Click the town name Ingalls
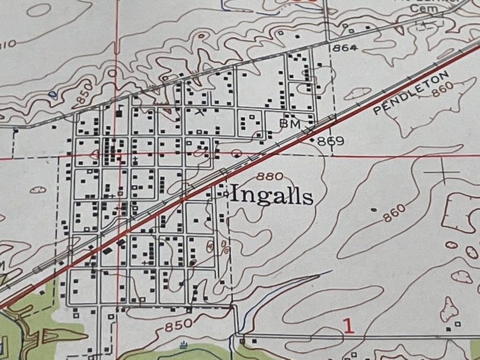pyautogui.click(x=272, y=196)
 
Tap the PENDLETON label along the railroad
pyautogui.click(x=412, y=92)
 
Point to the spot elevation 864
pyautogui.click(x=345, y=48)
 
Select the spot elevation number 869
pyautogui.click(x=331, y=141)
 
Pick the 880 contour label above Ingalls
pyautogui.click(x=269, y=176)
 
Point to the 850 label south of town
pyautogui.click(x=178, y=325)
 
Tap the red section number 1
pyautogui.click(x=348, y=326)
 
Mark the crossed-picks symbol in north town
pyautogui.click(x=199, y=111)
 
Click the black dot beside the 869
pyautogui.click(x=312, y=140)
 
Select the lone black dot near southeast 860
pyautogui.click(x=373, y=210)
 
